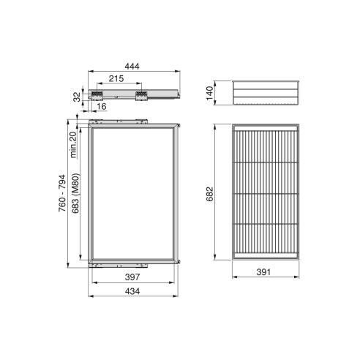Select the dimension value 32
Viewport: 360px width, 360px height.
click(x=76, y=97)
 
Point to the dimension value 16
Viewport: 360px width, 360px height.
click(x=100, y=107)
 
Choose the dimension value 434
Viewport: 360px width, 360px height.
click(x=132, y=292)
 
